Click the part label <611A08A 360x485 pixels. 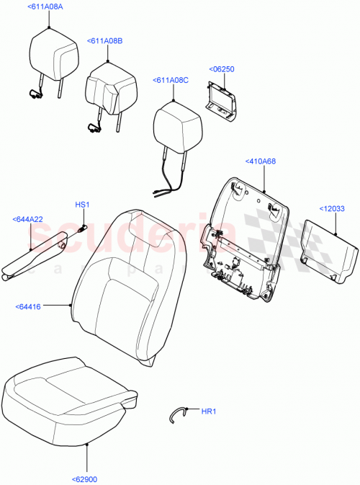click(x=45, y=7)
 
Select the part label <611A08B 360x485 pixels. click(x=104, y=42)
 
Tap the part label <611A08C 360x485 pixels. click(x=170, y=81)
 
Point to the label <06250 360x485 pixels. click(x=222, y=69)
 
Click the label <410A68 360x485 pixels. click(x=260, y=161)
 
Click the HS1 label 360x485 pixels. click(x=82, y=205)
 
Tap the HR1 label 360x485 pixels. click(x=208, y=411)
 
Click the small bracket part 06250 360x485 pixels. click(x=223, y=98)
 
